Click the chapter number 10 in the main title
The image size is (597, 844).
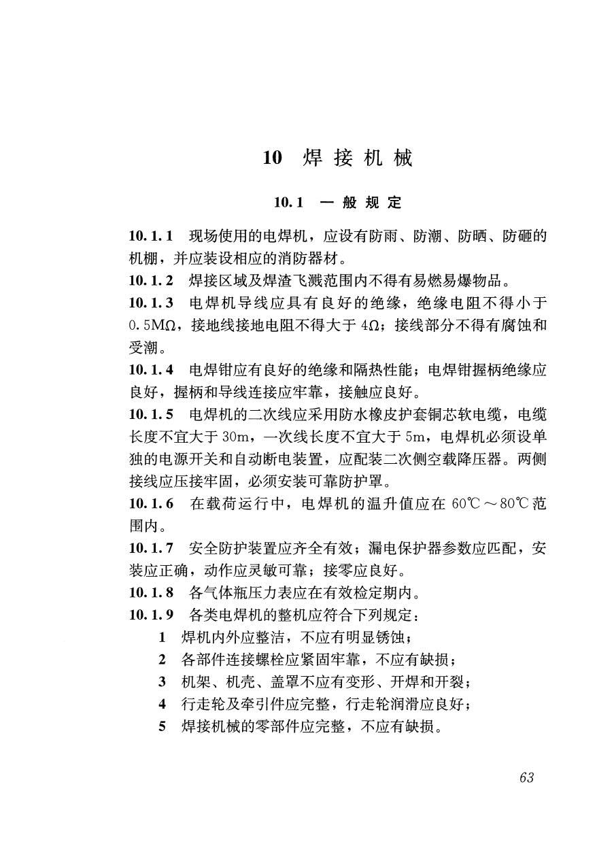pos(272,158)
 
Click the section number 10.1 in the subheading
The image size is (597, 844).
pos(288,203)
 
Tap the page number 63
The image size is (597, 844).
pos(526,777)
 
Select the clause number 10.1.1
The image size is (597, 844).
pos(151,237)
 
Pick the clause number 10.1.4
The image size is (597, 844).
pos(151,370)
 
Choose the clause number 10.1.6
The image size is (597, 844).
pos(151,503)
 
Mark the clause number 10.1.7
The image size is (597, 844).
pos(151,547)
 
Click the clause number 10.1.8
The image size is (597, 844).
pos(151,592)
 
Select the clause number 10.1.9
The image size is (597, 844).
pos(151,615)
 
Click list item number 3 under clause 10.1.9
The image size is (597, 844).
pos(163,681)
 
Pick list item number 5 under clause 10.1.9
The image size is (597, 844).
pos(163,726)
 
